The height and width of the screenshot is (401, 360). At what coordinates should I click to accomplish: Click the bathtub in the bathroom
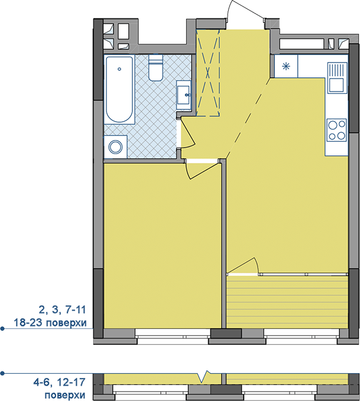(119, 90)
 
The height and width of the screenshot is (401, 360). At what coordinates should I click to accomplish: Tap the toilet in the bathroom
(155, 68)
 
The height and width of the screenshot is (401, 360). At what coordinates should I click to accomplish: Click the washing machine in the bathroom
(115, 147)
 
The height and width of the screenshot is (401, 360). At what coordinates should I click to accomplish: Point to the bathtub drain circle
(119, 69)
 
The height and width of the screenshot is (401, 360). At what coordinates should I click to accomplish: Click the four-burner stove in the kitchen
(337, 130)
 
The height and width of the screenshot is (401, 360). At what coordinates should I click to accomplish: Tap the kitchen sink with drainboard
(336, 78)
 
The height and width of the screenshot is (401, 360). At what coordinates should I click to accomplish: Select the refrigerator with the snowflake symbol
(286, 66)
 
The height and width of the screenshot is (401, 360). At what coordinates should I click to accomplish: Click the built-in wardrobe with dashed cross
(207, 73)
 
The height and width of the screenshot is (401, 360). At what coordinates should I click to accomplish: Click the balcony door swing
(243, 266)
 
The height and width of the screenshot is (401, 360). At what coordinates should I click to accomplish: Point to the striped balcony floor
(287, 302)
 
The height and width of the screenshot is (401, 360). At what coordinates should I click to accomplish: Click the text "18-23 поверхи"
(50, 322)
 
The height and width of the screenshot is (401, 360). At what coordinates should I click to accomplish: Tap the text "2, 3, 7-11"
(62, 310)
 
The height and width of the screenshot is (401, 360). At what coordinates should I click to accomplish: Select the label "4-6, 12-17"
(59, 382)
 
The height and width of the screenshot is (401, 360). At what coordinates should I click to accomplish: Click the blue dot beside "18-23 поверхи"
(2, 328)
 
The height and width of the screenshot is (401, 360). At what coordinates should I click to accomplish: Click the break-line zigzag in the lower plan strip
(204, 376)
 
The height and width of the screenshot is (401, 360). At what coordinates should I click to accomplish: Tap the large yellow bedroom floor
(163, 246)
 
